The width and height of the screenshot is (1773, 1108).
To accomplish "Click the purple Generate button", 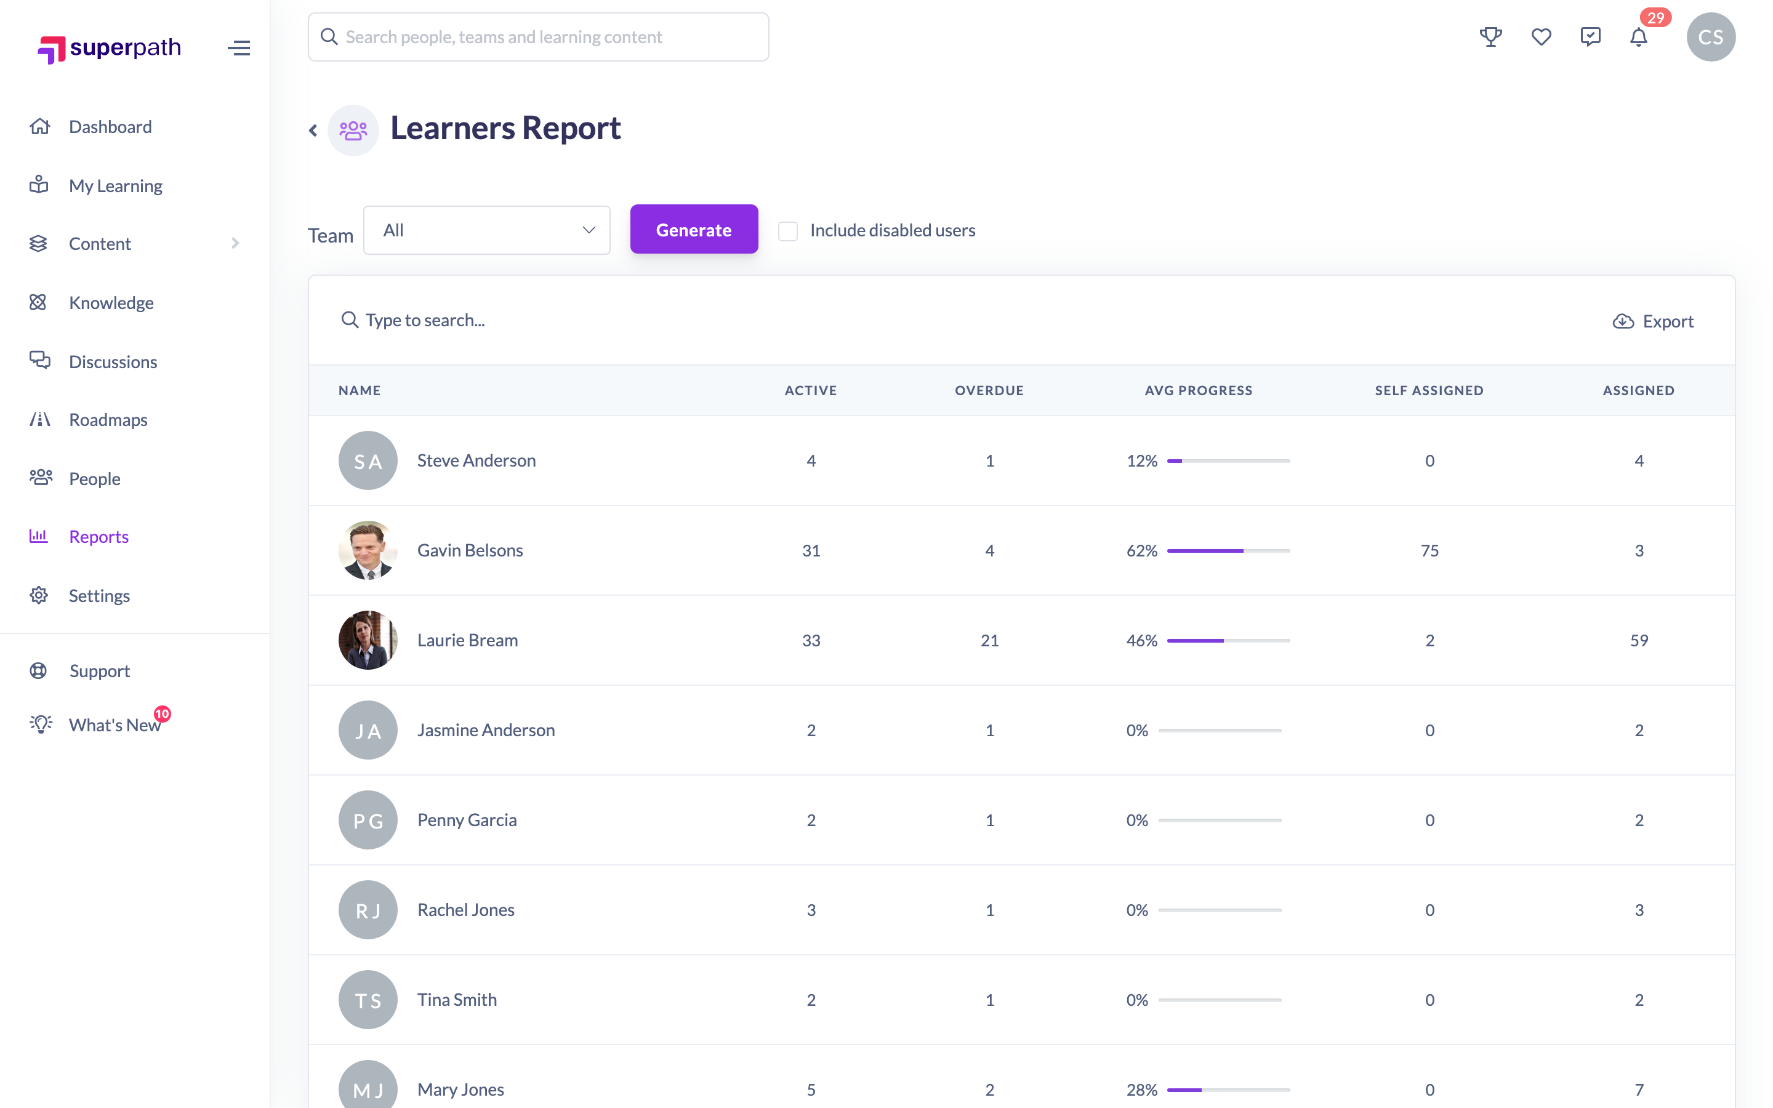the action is point(693,230).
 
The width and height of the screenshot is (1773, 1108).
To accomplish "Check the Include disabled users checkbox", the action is point(787,231).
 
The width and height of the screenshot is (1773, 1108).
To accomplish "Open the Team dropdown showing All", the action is point(486,230).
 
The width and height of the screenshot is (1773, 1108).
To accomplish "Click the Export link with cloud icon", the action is point(1653,321).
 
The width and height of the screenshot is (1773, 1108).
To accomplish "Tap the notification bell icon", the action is point(1638,37).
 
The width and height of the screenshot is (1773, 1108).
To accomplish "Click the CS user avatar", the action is point(1710,37).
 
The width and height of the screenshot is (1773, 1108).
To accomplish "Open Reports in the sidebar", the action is point(98,536).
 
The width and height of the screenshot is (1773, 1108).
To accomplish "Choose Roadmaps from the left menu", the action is point(108,420).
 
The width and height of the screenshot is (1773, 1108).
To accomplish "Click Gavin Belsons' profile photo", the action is point(368,550).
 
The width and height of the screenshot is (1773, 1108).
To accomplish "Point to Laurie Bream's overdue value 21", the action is point(989,640).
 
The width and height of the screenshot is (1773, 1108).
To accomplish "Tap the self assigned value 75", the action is point(1429,550).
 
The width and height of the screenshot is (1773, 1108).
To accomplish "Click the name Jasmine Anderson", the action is point(486,730).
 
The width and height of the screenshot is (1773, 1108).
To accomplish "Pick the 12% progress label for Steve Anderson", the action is point(1141,461).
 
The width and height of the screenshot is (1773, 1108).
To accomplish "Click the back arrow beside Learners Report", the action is point(313,130).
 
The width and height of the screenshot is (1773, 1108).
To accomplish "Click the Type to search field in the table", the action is point(425,320).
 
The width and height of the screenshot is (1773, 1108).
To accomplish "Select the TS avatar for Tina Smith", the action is point(368,1000).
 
